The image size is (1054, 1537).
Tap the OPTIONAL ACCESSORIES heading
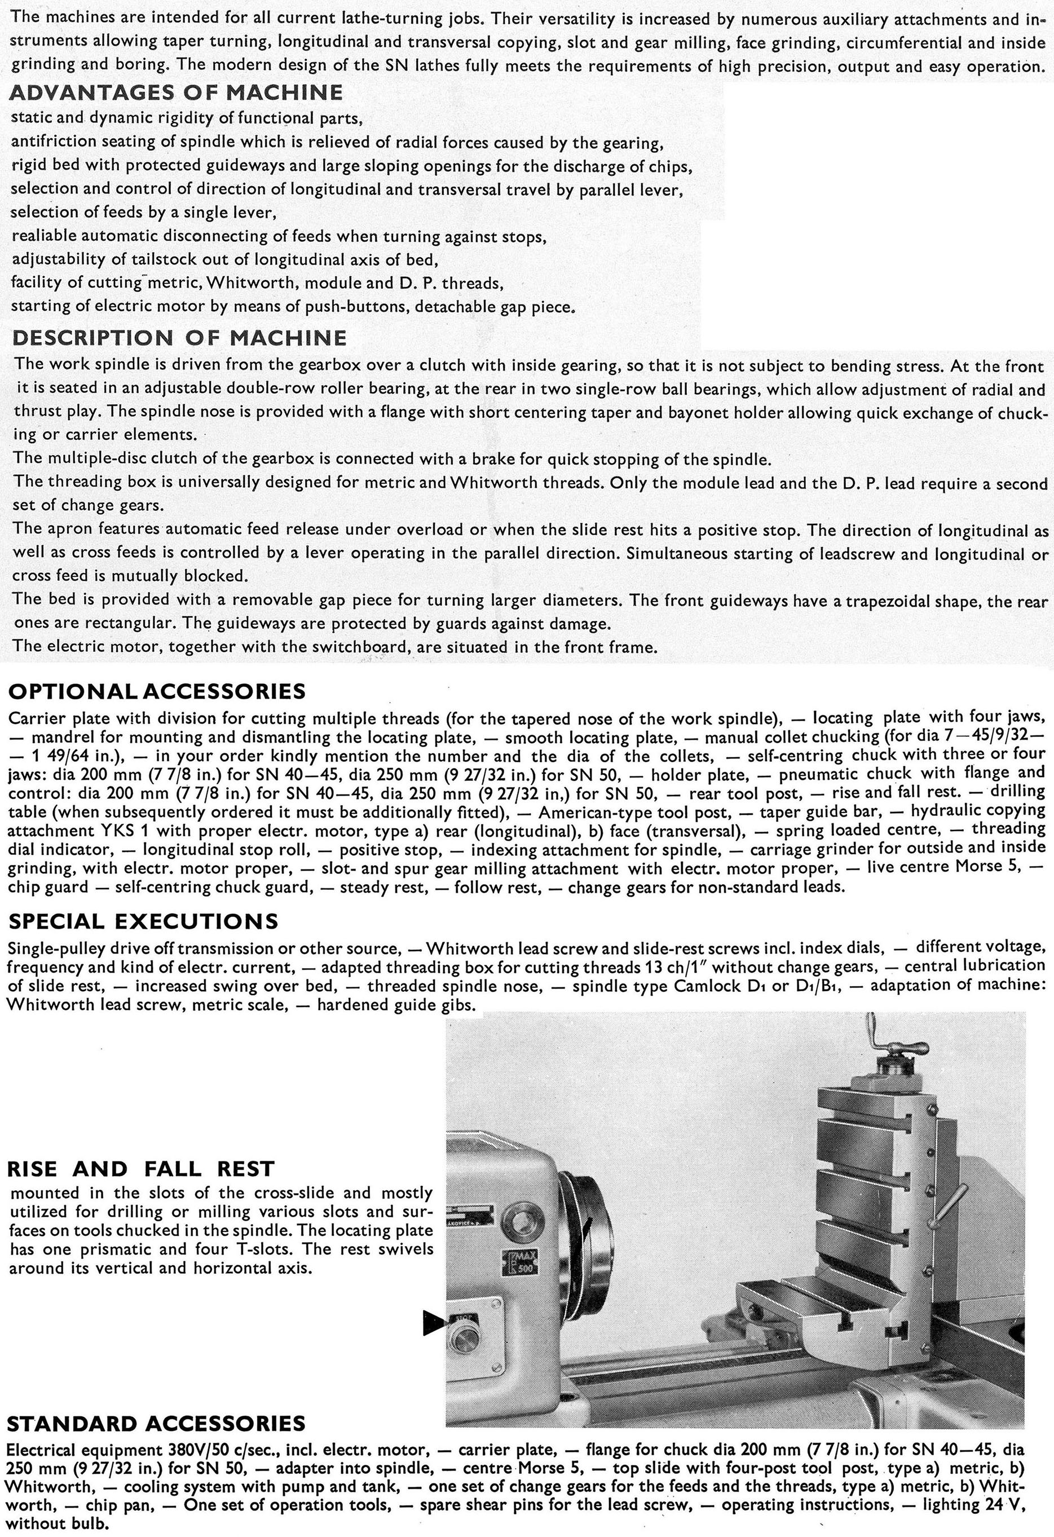157,691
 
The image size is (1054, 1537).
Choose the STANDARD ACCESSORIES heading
157,1423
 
